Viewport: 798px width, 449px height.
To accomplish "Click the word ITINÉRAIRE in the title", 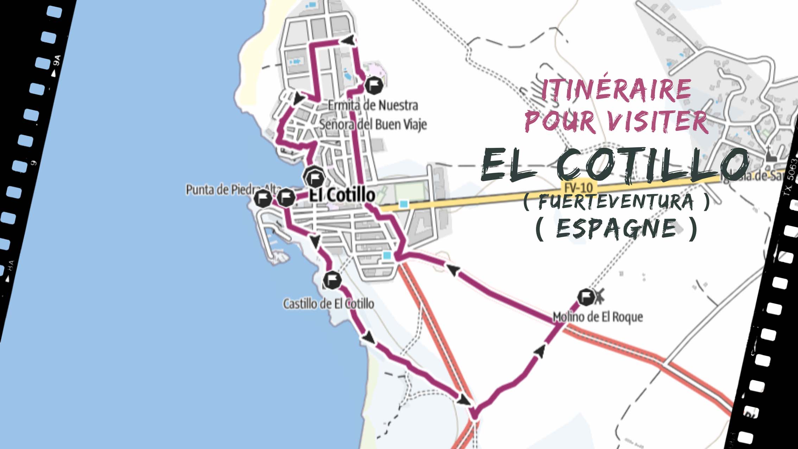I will [616, 90].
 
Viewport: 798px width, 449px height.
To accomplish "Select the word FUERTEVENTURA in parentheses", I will [616, 202].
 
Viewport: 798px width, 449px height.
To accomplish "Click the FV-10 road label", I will [577, 187].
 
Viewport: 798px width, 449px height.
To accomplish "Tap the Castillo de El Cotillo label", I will [328, 304].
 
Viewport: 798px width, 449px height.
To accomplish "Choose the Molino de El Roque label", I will [597, 317].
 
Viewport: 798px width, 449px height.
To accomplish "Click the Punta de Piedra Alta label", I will [225, 190].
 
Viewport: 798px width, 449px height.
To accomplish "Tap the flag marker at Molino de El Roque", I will [585, 297].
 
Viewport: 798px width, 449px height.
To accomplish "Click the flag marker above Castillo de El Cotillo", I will [332, 280].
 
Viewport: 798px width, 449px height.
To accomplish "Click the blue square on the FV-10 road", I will [404, 204].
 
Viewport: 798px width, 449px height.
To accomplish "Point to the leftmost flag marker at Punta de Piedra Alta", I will [262, 198].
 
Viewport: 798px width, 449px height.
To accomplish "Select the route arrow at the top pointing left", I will [348, 40].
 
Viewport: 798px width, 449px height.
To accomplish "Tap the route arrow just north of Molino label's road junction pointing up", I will [541, 351].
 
